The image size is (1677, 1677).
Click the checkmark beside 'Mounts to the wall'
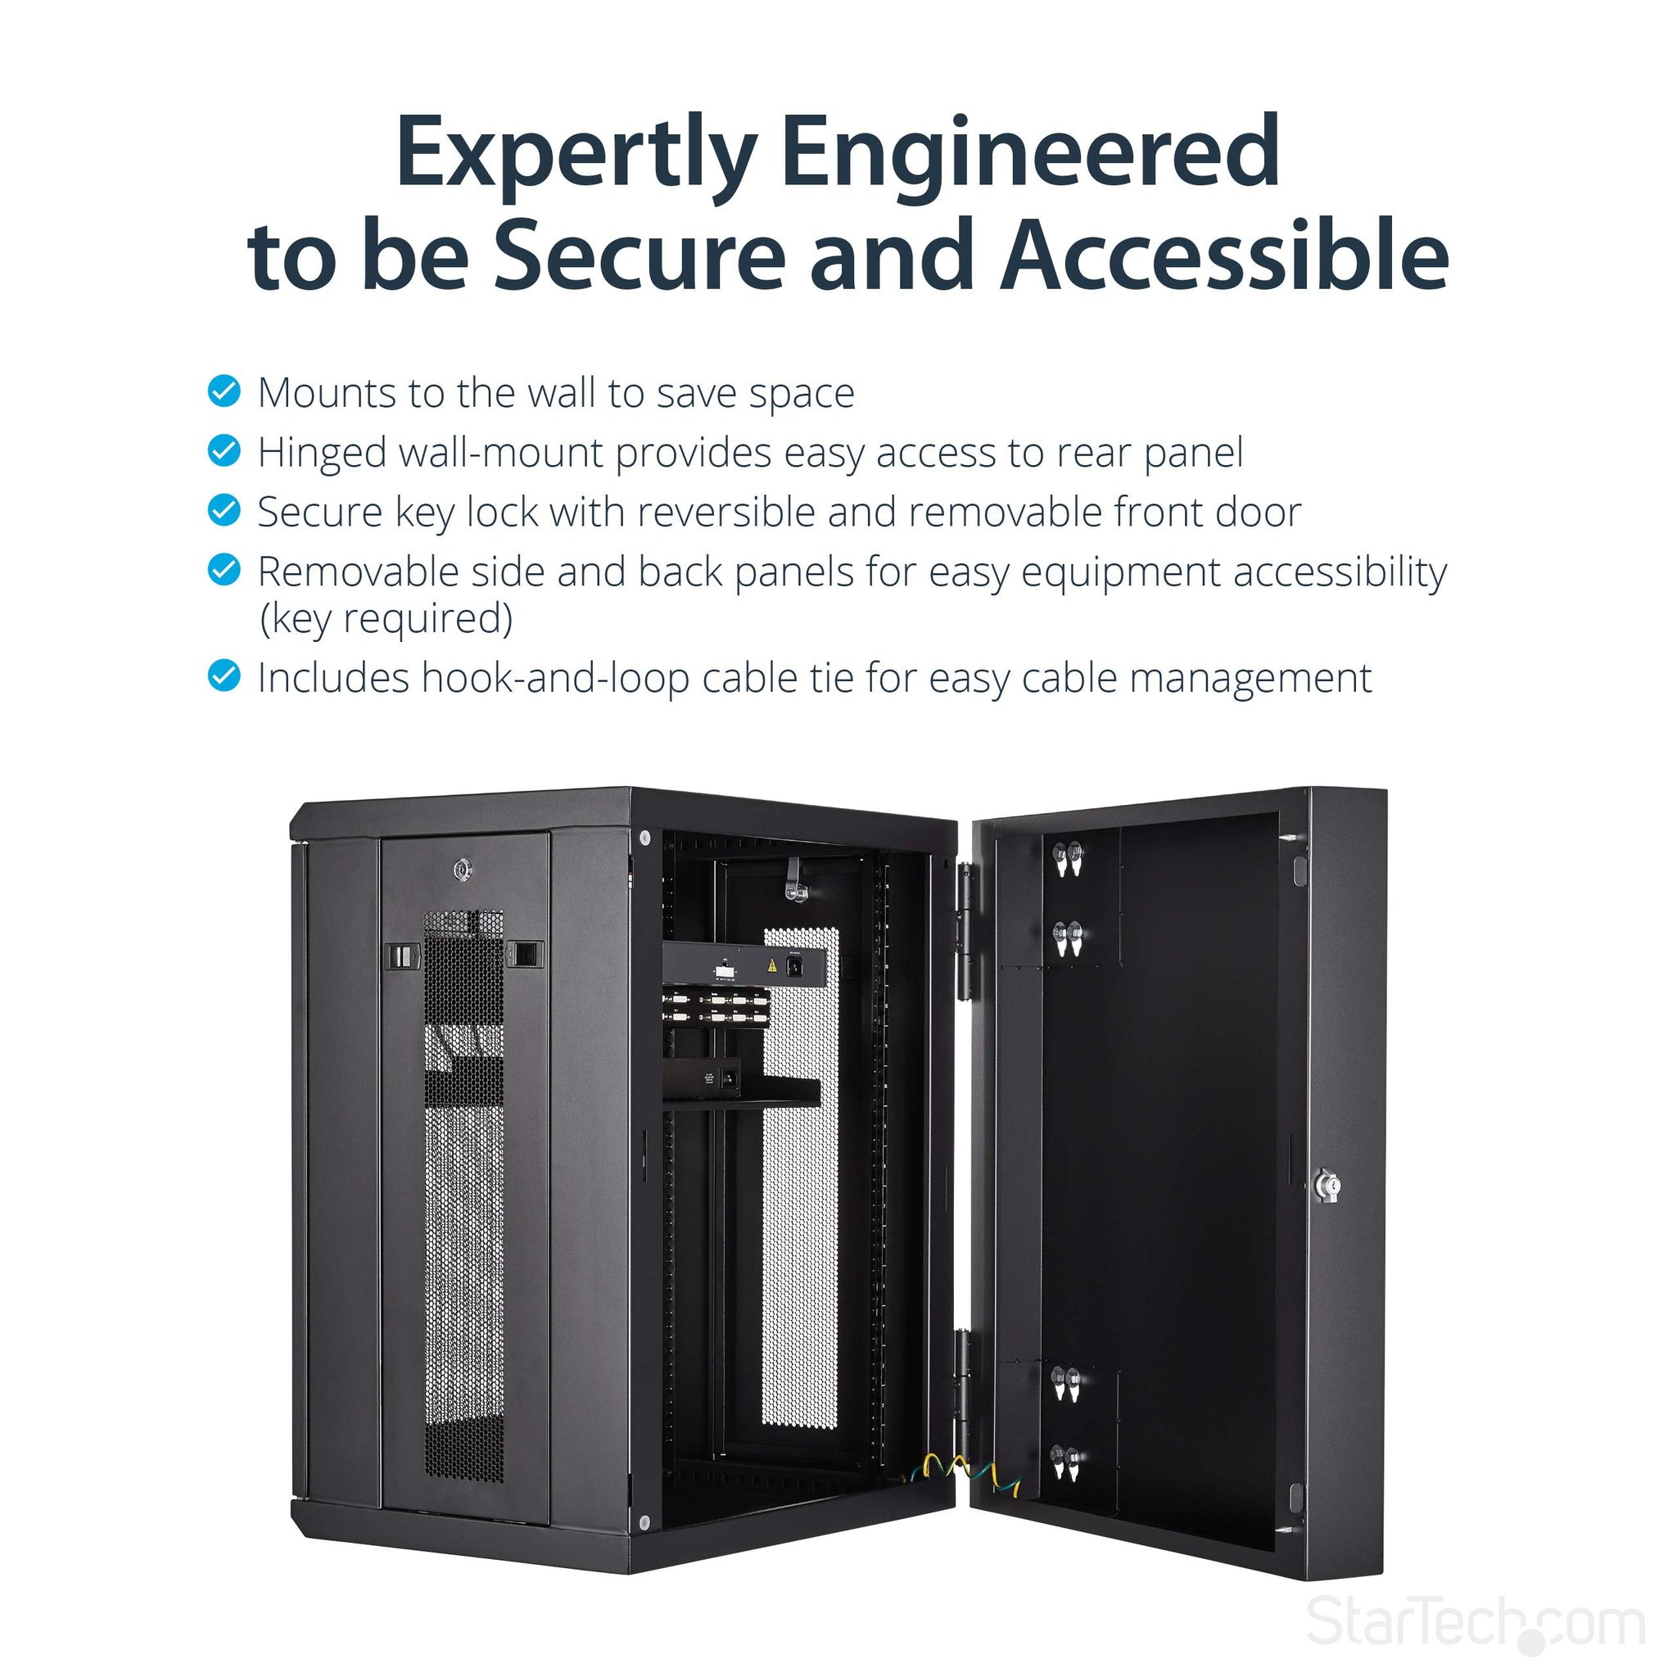point(224,391)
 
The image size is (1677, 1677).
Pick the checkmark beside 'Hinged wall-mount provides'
point(224,450)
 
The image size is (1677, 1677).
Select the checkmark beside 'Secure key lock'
point(224,510)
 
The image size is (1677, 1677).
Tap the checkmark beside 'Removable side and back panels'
point(224,570)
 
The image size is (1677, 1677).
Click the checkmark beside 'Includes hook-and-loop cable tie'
point(224,676)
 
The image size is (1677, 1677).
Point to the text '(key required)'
point(386,619)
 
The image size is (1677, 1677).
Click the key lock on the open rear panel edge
point(1327,1186)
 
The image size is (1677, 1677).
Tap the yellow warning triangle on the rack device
point(771,965)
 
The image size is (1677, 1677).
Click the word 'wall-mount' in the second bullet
point(501,451)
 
